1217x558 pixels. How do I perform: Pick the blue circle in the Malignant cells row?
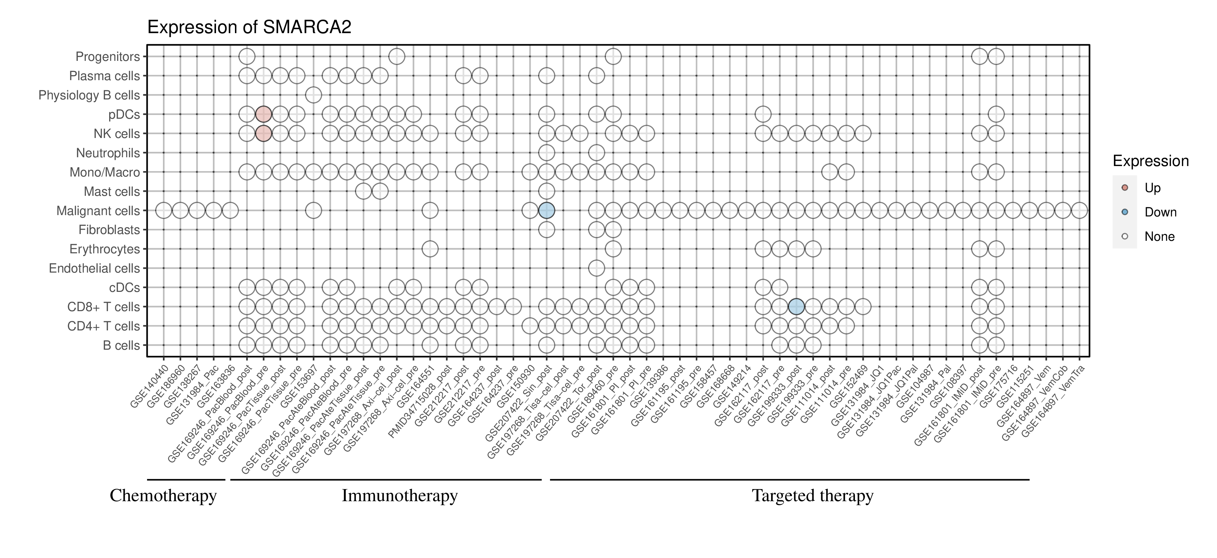[x=547, y=210]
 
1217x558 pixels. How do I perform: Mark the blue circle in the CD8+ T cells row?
[x=796, y=307]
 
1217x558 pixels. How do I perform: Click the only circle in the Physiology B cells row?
[x=313, y=95]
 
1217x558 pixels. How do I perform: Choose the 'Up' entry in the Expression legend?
[x=1152, y=188]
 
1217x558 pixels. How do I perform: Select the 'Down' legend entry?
[x=1160, y=212]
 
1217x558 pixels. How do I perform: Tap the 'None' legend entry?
[x=1159, y=237]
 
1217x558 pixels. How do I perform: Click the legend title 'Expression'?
[x=1150, y=161]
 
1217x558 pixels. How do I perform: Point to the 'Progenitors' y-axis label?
[x=108, y=57]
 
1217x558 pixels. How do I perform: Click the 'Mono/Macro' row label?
[x=104, y=172]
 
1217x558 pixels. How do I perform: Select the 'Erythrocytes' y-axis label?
[x=104, y=249]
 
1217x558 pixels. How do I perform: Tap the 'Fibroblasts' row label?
[x=109, y=230]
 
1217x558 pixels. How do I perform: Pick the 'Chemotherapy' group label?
[x=163, y=496]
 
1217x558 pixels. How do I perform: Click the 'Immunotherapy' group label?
[x=399, y=496]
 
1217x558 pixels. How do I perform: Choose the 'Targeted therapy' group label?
[x=812, y=496]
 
